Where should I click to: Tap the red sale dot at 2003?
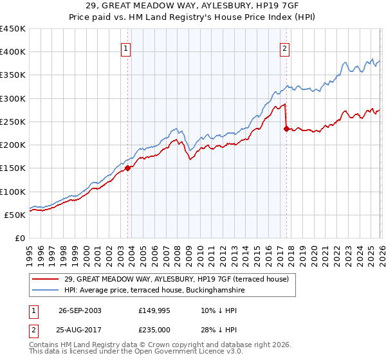pos(128,168)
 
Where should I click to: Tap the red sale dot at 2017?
pos(286,129)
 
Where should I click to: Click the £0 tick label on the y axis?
pos(19,238)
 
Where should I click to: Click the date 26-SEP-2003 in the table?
pos(80,310)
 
